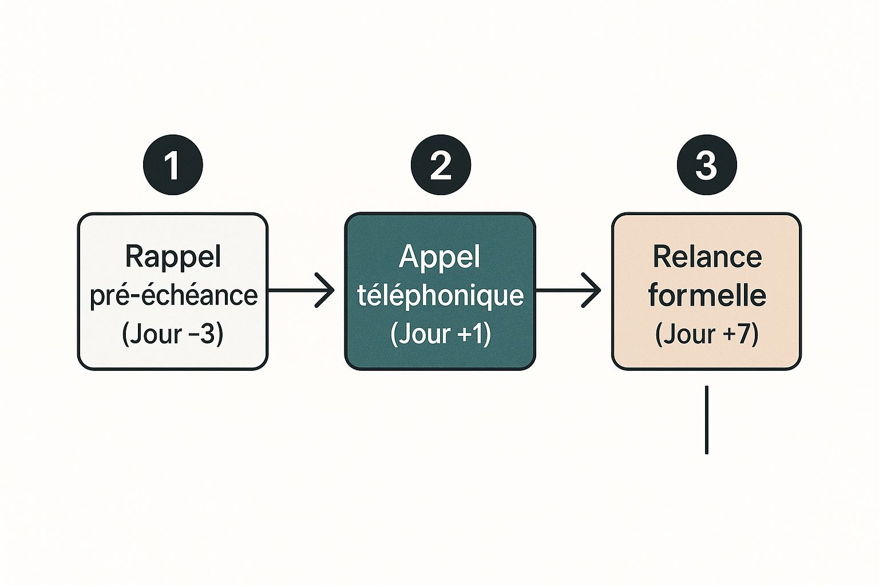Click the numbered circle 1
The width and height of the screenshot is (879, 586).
click(173, 165)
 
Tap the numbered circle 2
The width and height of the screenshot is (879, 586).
click(441, 165)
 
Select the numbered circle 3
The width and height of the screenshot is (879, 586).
click(707, 165)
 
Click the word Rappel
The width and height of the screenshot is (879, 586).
click(173, 256)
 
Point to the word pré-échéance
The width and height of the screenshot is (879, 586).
click(173, 295)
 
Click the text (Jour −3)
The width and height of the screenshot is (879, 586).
click(172, 334)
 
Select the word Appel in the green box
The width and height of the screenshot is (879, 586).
click(439, 256)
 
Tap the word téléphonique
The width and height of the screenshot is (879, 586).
click(440, 295)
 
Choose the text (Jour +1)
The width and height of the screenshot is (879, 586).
click(440, 334)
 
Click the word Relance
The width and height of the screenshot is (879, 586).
click(707, 256)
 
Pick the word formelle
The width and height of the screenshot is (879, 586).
click(707, 295)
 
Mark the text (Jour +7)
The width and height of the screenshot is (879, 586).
click(707, 334)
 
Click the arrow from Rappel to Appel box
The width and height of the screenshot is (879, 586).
click(300, 291)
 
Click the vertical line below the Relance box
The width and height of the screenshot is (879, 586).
click(707, 419)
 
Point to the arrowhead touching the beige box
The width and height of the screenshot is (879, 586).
click(594, 291)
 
